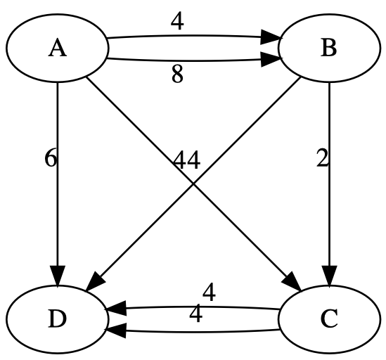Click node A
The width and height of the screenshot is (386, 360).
coord(57,49)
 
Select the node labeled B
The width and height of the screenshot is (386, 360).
coord(328,49)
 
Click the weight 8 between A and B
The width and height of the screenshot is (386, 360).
coord(177,75)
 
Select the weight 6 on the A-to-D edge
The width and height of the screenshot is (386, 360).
coord(50,159)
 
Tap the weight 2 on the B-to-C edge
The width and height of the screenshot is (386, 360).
coord(322,159)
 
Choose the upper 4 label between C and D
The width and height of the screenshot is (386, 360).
coord(209,291)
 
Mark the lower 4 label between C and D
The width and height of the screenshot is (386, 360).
coord(196,313)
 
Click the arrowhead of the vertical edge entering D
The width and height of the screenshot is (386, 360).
coord(57,274)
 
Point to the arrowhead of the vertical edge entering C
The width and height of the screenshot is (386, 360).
coord(328,274)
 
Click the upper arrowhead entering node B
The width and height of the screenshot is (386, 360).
coord(272,37)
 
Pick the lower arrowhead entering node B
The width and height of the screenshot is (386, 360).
coord(272,61)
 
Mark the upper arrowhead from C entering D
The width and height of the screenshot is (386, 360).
coord(116,308)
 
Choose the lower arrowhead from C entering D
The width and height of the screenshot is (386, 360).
coord(116,328)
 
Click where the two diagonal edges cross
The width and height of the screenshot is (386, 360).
coord(193,184)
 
